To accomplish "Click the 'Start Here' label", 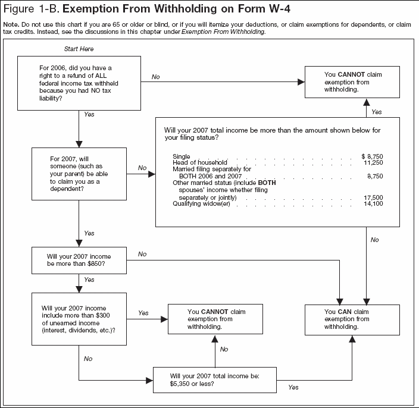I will [x=78, y=48].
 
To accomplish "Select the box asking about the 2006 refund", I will [x=78, y=84].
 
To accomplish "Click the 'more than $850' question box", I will [x=78, y=260].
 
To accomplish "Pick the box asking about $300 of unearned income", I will [x=78, y=318].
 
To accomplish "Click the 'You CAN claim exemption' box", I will [x=352, y=319].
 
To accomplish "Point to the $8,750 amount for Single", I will [x=372, y=156].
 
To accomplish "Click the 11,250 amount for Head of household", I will [x=374, y=162].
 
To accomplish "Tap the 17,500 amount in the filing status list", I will [x=374, y=197].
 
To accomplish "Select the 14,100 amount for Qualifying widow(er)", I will [x=374, y=204].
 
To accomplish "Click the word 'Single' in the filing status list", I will [x=181, y=156].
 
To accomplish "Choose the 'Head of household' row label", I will [x=196, y=162].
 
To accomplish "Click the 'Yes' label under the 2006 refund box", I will [x=89, y=114].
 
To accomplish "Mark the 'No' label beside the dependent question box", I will [x=142, y=168].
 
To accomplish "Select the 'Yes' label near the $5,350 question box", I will [x=293, y=388].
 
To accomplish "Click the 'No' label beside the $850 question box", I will [x=142, y=254].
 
